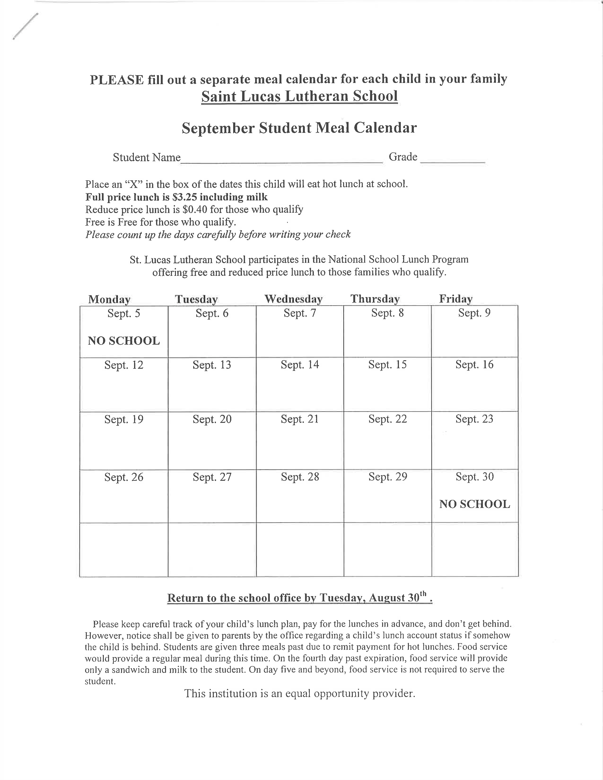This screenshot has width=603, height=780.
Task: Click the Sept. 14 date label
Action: [300, 365]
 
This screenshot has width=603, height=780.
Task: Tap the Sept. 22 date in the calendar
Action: [388, 419]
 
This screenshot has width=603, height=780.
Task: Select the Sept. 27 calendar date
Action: [212, 477]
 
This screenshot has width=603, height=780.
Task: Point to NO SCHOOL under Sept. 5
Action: [124, 341]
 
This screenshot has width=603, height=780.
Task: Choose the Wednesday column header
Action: [293, 299]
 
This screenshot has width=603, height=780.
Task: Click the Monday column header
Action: [109, 299]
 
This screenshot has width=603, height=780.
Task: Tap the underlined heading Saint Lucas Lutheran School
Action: [299, 96]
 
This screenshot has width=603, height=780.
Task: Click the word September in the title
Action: [218, 128]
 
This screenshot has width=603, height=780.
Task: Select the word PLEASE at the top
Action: [116, 80]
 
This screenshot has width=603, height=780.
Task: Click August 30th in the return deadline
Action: [398, 598]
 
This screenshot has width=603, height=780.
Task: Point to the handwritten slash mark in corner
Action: [25, 26]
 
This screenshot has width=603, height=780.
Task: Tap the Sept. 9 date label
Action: [474, 313]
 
